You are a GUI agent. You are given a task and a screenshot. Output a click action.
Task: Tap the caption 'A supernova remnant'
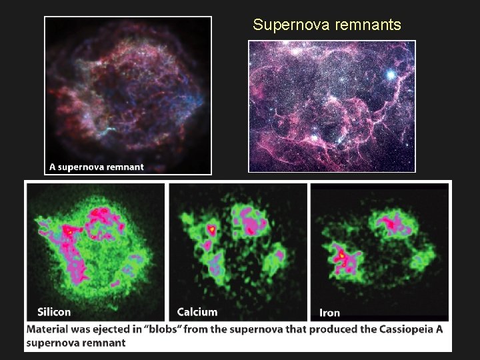(x=97, y=167)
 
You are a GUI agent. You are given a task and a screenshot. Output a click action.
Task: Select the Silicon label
(x=54, y=311)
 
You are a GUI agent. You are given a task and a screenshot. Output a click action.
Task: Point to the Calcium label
(x=197, y=311)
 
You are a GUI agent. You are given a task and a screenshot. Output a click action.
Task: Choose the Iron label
(x=330, y=312)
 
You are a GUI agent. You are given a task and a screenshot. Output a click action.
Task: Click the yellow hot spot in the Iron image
(x=341, y=255)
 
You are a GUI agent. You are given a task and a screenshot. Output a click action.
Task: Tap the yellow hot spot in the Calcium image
(x=212, y=229)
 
